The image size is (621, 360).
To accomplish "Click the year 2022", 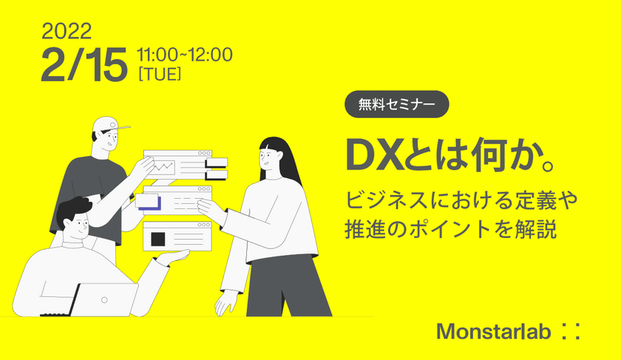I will pyautogui.click(x=67, y=30).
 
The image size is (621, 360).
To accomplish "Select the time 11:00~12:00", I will pyautogui.click(x=185, y=54).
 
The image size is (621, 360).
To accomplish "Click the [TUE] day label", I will pyautogui.click(x=160, y=74).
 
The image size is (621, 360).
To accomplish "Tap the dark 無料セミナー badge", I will pyautogui.click(x=397, y=104).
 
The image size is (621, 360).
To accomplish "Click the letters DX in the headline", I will pyautogui.click(x=373, y=154).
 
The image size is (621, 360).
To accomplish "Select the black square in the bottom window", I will pyautogui.click(x=157, y=239).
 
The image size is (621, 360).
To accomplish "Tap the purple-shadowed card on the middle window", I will pyautogui.click(x=149, y=200).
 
